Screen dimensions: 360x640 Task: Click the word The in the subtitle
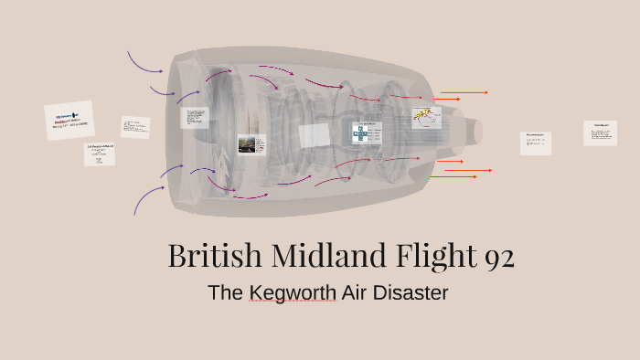click(224, 293)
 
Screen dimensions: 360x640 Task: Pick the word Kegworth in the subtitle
click(292, 293)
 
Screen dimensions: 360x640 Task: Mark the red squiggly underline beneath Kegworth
click(292, 302)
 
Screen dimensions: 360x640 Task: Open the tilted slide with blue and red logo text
click(69, 121)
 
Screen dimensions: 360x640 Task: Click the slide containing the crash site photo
click(251, 144)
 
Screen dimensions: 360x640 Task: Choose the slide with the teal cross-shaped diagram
click(365, 133)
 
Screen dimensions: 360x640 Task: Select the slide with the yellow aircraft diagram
click(426, 117)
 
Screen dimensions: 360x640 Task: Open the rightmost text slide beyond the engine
click(600, 133)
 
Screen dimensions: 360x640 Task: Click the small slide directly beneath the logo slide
click(100, 154)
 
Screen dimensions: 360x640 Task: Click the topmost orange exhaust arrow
click(464, 92)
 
